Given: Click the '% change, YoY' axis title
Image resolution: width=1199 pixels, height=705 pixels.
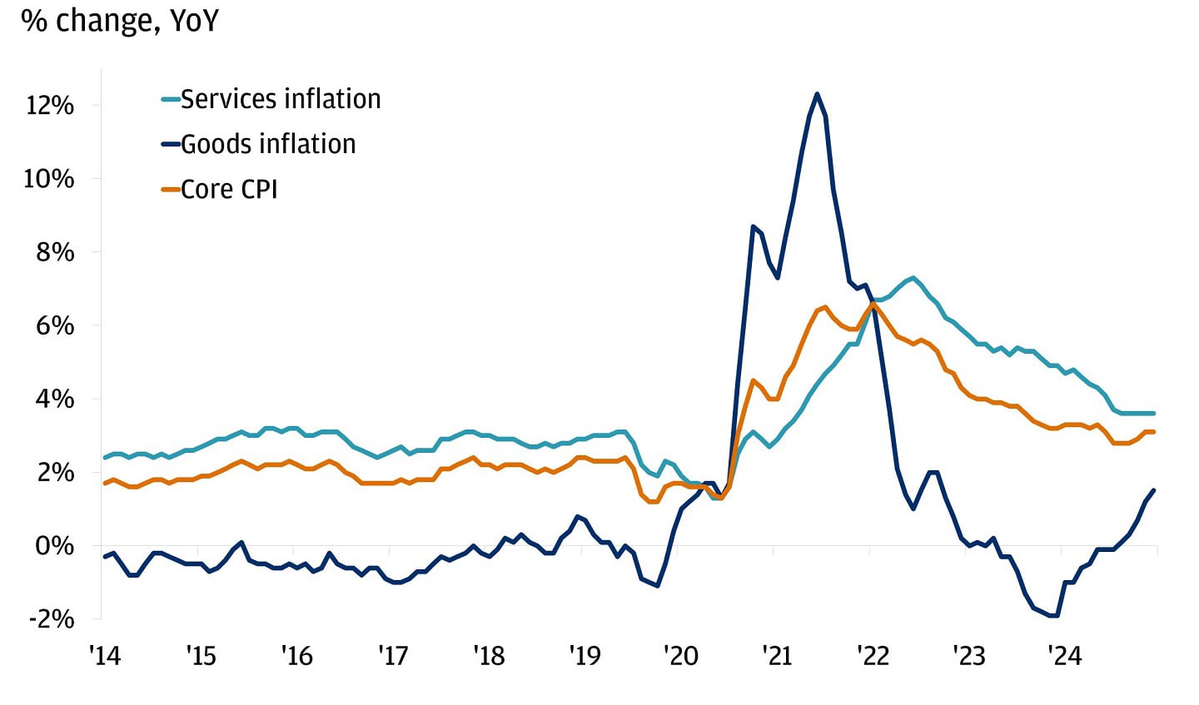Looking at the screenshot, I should pyautogui.click(x=120, y=21).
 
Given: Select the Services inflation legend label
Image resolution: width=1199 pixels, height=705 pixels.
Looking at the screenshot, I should pyautogui.click(x=281, y=99).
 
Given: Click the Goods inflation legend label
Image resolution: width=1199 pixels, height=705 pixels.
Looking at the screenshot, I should pyautogui.click(x=268, y=144).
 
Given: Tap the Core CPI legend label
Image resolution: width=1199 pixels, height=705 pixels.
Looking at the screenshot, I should pyautogui.click(x=229, y=189).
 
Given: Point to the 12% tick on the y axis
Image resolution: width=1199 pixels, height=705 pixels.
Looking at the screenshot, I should pyautogui.click(x=49, y=106).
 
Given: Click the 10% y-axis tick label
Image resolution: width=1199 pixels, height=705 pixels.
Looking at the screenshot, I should pyautogui.click(x=49, y=179).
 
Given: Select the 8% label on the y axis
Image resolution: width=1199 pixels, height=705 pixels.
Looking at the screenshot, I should pyautogui.click(x=55, y=252).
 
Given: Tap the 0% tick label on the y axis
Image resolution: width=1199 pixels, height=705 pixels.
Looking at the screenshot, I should pyautogui.click(x=55, y=546).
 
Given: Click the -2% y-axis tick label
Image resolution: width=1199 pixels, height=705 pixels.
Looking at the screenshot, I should pyautogui.click(x=51, y=619).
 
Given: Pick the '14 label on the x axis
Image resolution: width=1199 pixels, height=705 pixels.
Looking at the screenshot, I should pyautogui.click(x=105, y=657).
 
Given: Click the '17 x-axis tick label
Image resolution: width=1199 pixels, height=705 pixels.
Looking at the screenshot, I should pyautogui.click(x=393, y=657).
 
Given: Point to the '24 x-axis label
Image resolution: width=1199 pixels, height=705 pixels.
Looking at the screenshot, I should pyautogui.click(x=1064, y=657).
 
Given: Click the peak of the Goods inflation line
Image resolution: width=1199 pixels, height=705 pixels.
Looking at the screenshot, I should pyautogui.click(x=817, y=93).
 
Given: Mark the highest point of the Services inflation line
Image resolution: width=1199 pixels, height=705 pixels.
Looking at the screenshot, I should pyautogui.click(x=913, y=277).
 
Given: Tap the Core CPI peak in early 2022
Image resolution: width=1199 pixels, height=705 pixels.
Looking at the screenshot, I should pyautogui.click(x=873, y=304).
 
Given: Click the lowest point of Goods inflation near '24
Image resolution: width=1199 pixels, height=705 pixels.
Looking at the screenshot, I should pyautogui.click(x=1054, y=616).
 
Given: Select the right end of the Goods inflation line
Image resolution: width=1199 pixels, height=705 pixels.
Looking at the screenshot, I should pyautogui.click(x=1154, y=490).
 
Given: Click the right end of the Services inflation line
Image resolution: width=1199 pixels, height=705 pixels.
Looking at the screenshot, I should pyautogui.click(x=1154, y=413).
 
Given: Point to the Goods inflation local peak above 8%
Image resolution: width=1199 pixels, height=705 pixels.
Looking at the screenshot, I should pyautogui.click(x=753, y=226).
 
